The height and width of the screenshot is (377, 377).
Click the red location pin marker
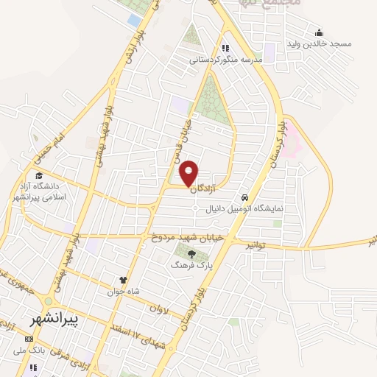click(x=189, y=174)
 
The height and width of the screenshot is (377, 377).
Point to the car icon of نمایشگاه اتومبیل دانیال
click(x=243, y=197)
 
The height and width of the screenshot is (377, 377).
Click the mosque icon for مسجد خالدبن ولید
click(x=319, y=32)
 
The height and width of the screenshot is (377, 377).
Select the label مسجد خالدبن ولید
click(x=342, y=44)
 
